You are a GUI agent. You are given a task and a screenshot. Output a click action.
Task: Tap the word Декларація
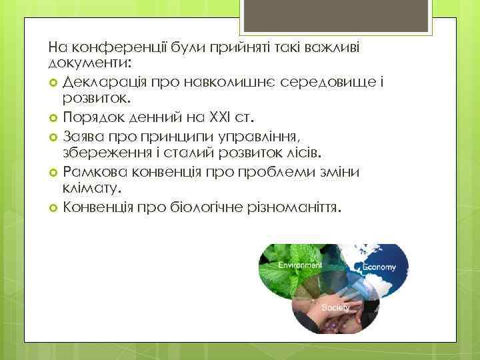103,81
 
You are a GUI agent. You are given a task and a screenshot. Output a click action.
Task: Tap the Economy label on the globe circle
379,267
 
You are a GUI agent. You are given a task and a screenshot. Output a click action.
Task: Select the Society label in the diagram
335,308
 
